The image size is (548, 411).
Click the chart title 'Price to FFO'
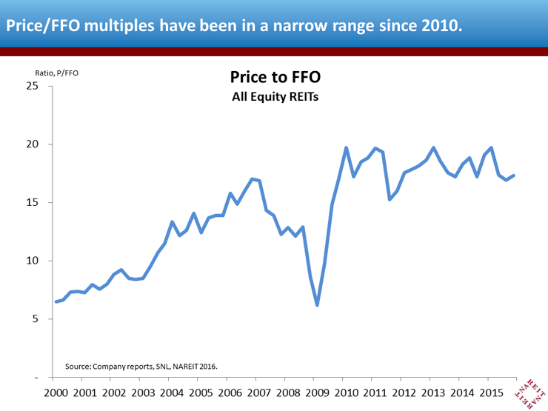(275, 78)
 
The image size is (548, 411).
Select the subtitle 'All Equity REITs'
(275, 96)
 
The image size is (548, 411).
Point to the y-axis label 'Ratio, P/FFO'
(56, 73)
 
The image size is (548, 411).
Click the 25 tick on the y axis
(33, 86)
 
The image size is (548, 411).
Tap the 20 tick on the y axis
(33, 144)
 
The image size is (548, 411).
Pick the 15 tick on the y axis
(33, 203)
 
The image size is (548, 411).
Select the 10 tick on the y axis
(33, 261)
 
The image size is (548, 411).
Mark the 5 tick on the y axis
(36, 319)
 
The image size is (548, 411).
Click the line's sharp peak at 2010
(346, 147)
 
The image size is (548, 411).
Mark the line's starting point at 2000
(56, 301)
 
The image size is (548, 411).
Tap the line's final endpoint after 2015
(513, 176)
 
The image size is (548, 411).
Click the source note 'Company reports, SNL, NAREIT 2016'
(141, 366)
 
